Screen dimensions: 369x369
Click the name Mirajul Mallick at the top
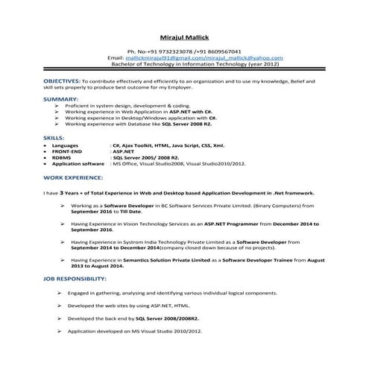pyautogui.click(x=184, y=37)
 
